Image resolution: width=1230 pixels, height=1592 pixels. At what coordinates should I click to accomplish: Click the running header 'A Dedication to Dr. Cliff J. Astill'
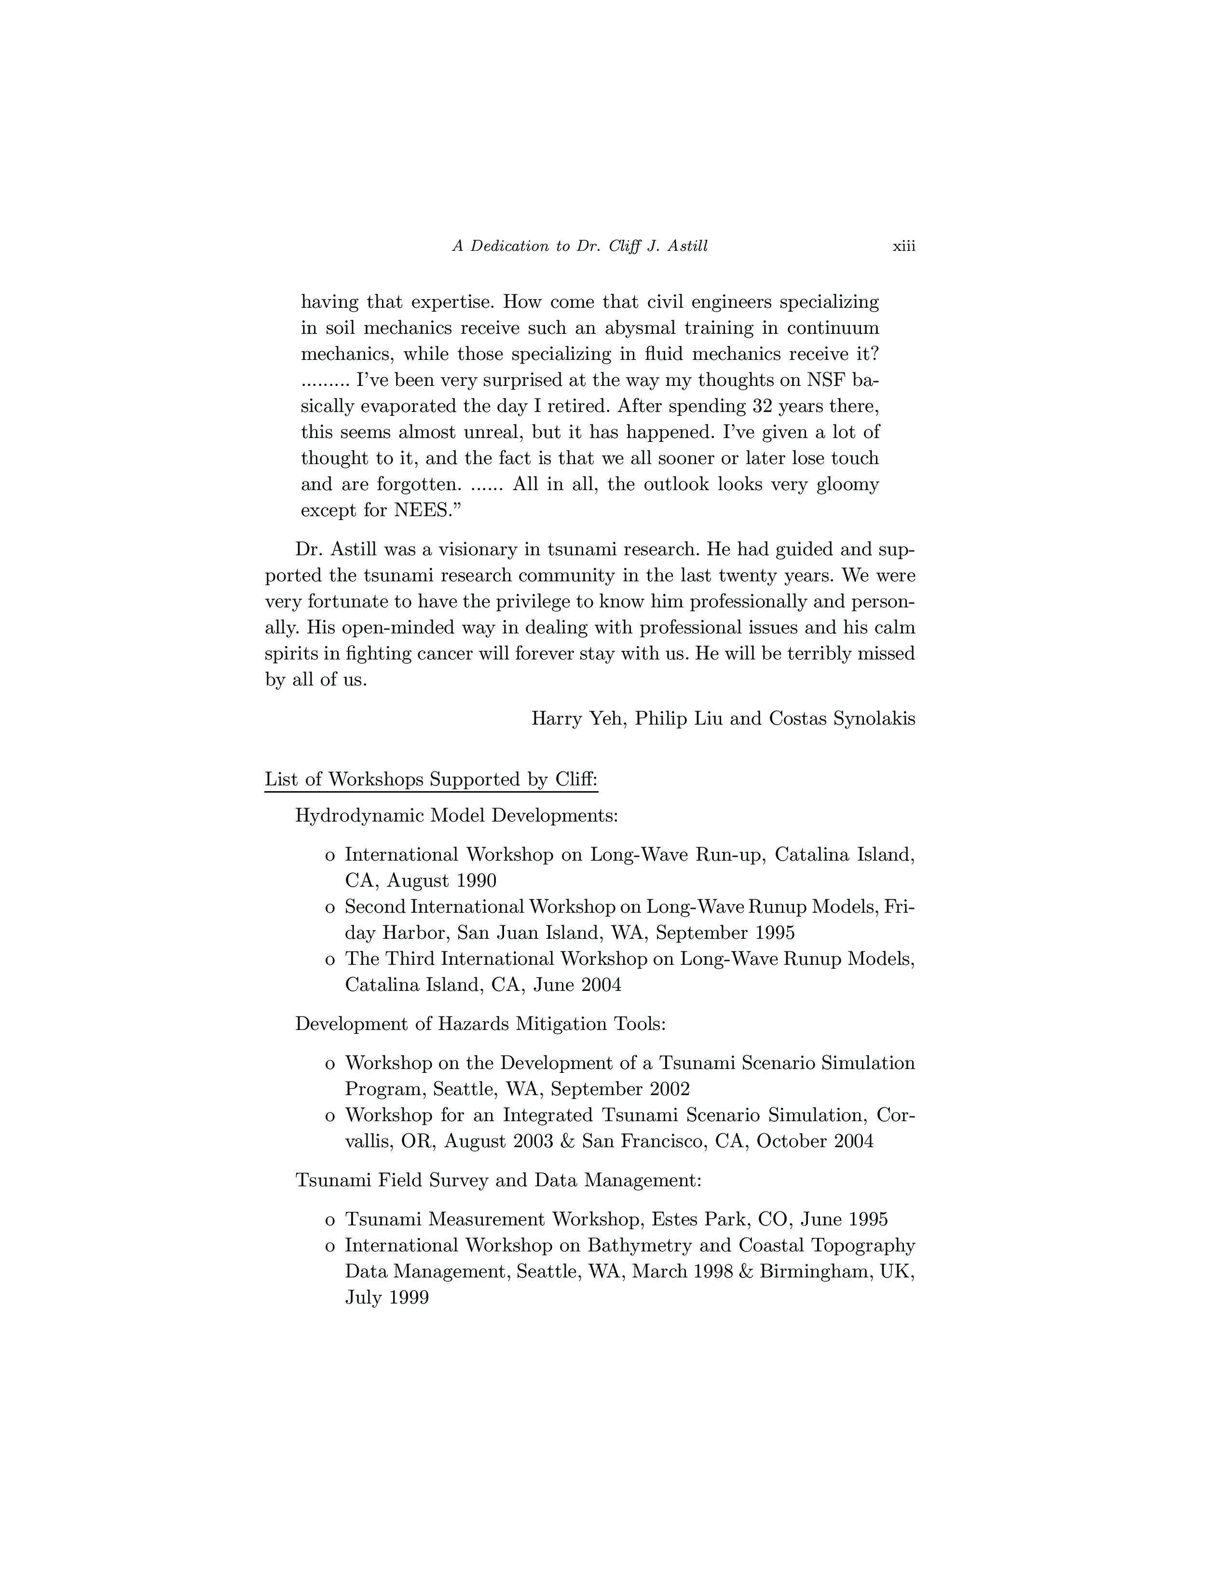point(580,247)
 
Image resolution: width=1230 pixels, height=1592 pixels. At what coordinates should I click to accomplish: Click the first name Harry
point(557,719)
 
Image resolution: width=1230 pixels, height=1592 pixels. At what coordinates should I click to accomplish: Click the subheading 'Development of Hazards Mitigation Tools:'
point(480,1024)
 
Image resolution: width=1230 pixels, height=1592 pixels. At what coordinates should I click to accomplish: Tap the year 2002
point(665,1089)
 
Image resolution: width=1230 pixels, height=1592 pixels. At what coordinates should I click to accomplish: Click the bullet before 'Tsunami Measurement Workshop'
point(330,1220)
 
